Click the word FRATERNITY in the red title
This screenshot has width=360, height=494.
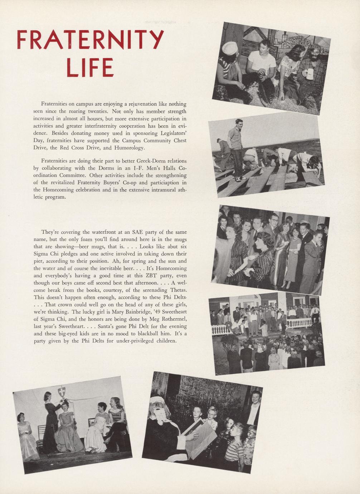pyautogui.click(x=90, y=40)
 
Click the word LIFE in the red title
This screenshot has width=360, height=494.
pyautogui.click(x=90, y=67)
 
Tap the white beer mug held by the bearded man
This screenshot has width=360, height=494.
pyautogui.click(x=310, y=74)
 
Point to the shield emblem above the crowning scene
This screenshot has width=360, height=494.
pyautogui.click(x=62, y=391)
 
